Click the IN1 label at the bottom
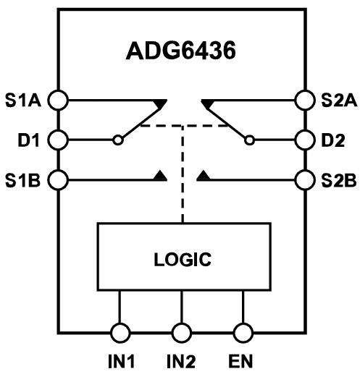[120, 360]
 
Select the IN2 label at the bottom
[182, 360]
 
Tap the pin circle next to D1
[59, 137]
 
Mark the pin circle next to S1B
[59, 177]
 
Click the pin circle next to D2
[301, 137]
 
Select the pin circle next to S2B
[301, 177]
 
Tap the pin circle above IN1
[120, 333]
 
